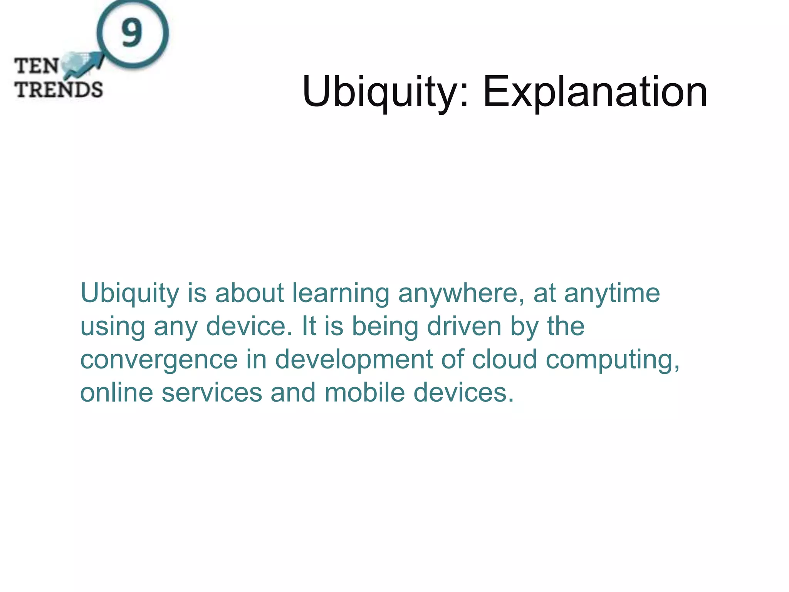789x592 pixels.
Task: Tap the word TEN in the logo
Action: click(x=37, y=66)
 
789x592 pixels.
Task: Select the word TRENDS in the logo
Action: click(x=59, y=89)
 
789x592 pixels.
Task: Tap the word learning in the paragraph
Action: click(x=341, y=293)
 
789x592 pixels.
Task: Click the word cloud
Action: click(x=504, y=359)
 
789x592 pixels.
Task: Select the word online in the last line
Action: click(x=116, y=392)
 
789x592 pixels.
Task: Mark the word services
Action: click(x=212, y=392)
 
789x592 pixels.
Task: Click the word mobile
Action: click(x=364, y=392)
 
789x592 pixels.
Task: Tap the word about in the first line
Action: click(x=249, y=293)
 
